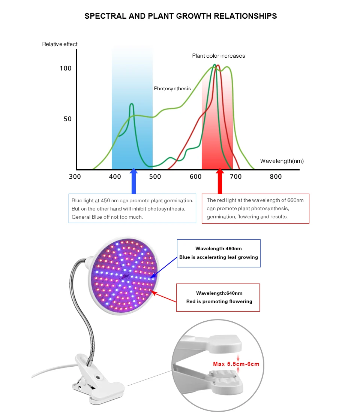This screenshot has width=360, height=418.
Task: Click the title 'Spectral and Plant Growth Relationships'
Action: click(180, 16)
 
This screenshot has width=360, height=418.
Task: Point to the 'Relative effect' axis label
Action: click(60, 44)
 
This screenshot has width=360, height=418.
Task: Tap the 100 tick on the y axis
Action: click(65, 69)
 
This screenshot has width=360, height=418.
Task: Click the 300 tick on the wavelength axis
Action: click(75, 177)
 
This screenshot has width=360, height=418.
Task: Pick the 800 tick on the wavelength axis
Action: click(276, 177)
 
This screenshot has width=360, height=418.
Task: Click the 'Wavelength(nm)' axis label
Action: click(282, 161)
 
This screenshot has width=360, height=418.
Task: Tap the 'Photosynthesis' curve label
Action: click(172, 89)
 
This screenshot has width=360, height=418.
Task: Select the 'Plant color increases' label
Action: click(219, 56)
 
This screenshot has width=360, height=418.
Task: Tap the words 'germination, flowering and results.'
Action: click(247, 217)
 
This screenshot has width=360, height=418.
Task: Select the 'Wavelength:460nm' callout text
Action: click(218, 248)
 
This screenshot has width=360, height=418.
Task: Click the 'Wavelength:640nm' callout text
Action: click(219, 293)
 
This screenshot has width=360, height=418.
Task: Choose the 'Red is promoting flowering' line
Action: click(219, 302)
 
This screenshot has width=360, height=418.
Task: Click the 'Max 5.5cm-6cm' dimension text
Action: click(236, 364)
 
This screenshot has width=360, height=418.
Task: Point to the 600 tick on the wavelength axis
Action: click(195, 177)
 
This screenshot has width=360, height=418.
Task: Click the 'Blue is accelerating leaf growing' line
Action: click(218, 257)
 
